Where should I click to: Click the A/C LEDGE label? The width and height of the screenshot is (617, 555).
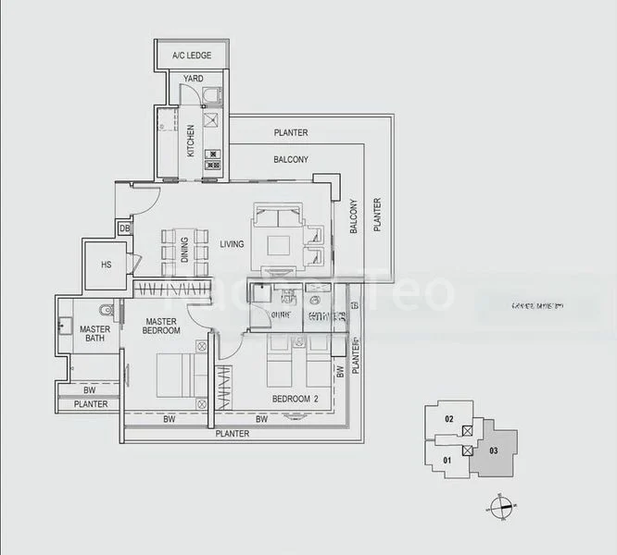click(192, 55)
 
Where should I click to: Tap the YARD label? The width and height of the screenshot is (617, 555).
click(193, 79)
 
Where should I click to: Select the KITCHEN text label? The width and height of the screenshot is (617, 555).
click(191, 140)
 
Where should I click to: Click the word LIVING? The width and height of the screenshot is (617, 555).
click(231, 245)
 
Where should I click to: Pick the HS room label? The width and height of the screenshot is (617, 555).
click(106, 265)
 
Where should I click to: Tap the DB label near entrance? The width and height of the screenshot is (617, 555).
click(123, 228)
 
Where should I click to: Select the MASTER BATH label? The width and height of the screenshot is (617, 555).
click(94, 334)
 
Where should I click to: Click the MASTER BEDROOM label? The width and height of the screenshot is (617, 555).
click(161, 326)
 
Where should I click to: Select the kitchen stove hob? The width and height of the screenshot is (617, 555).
click(213, 159)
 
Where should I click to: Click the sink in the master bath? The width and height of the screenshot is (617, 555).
click(65, 326)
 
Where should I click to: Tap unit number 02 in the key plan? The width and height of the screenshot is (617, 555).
click(449, 420)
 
